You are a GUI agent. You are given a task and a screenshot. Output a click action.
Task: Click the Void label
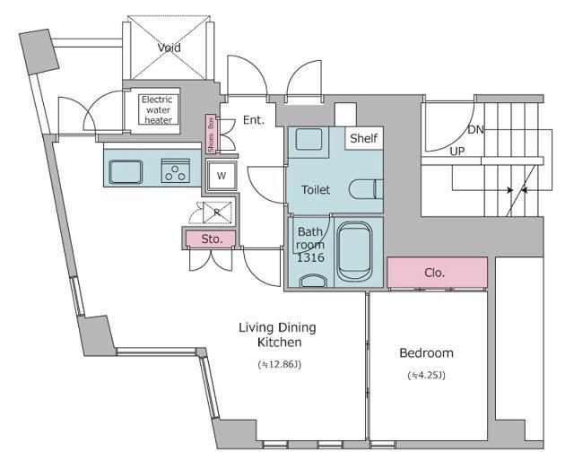click(x=170, y=48)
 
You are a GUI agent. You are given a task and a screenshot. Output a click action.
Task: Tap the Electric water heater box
click(x=158, y=109)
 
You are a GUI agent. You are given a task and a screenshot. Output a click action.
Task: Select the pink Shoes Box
click(x=211, y=135)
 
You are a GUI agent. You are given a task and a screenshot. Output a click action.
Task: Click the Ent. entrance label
click(x=254, y=120)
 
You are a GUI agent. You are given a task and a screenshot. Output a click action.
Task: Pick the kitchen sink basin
click(x=126, y=171)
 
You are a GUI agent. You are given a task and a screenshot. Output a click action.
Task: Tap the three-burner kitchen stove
click(x=176, y=170)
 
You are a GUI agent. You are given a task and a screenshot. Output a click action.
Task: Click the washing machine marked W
click(x=222, y=176)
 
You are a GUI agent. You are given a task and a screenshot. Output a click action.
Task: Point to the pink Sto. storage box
click(x=211, y=239)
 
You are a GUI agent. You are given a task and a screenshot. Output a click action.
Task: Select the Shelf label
click(x=363, y=138)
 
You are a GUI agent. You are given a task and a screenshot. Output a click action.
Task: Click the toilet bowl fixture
click(x=366, y=189)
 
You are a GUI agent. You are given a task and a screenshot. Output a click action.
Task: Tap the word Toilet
click(x=316, y=189)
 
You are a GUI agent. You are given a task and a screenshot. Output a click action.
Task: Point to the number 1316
click(x=310, y=257)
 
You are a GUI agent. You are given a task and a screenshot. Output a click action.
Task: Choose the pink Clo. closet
click(x=437, y=273)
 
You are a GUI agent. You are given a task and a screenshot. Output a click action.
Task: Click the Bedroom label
click(x=426, y=353)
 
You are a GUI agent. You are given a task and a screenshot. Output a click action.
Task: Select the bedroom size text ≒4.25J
click(x=427, y=375)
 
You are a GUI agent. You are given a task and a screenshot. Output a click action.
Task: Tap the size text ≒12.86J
click(x=280, y=365)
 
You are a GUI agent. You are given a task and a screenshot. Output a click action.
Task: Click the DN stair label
click(x=475, y=130)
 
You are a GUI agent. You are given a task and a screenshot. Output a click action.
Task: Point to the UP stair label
click(x=457, y=152)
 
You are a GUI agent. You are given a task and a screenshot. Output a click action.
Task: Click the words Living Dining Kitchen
click(x=277, y=334)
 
